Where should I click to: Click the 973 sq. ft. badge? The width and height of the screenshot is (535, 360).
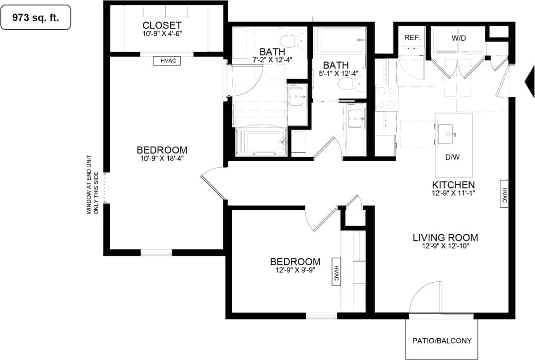(x=35, y=18)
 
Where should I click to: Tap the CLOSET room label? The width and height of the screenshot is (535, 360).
(x=162, y=25)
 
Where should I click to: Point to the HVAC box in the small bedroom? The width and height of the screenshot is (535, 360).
(x=335, y=272)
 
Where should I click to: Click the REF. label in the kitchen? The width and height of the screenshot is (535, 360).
(x=412, y=37)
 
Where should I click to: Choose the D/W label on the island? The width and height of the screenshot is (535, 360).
(x=452, y=158)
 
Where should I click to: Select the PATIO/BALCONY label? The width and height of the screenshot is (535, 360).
(x=442, y=341)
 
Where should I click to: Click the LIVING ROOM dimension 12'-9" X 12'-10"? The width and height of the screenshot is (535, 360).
(x=445, y=245)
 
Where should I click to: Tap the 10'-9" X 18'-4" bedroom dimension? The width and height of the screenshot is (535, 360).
(x=162, y=159)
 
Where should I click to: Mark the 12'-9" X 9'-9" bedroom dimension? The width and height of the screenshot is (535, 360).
(x=295, y=270)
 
